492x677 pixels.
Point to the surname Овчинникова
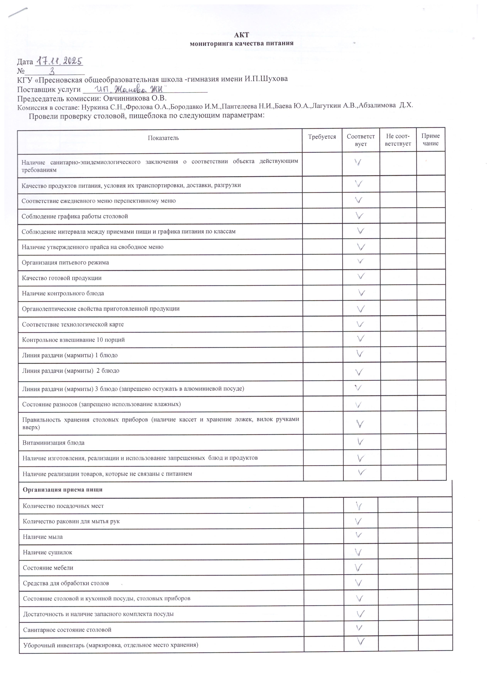127,98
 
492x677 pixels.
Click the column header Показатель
163,138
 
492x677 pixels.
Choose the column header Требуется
322,137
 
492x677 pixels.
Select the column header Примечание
430,139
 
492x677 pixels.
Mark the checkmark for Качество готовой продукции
361,276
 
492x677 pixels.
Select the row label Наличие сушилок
48,552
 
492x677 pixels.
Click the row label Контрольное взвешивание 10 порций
73,340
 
